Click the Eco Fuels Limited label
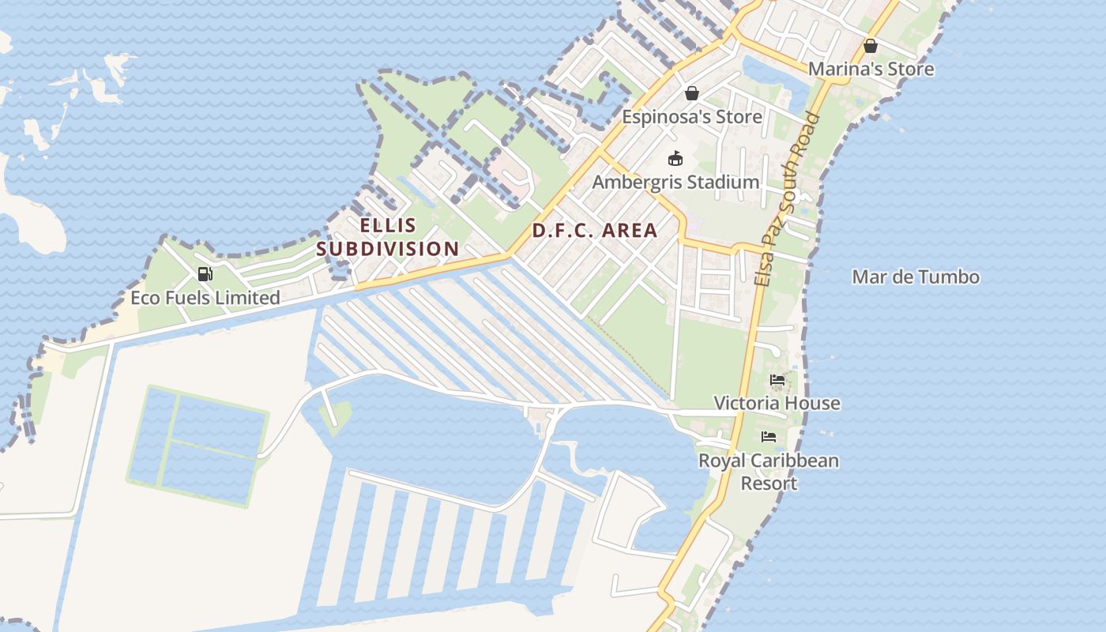pyautogui.click(x=205, y=298)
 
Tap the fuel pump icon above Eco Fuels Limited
pyautogui.click(x=205, y=274)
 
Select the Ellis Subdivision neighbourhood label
pyautogui.click(x=388, y=237)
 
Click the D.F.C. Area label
pyautogui.click(x=594, y=231)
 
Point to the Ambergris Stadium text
pyautogui.click(x=675, y=182)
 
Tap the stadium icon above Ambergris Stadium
pyautogui.click(x=675, y=159)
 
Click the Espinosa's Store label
pyautogui.click(x=692, y=117)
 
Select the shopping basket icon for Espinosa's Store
pyautogui.click(x=692, y=93)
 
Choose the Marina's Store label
pyautogui.click(x=871, y=70)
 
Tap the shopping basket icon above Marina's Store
pyautogui.click(x=870, y=46)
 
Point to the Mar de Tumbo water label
pyautogui.click(x=916, y=277)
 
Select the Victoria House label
pyautogui.click(x=777, y=404)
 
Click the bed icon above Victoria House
pyautogui.click(x=777, y=381)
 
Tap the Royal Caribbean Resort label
pyautogui.click(x=769, y=472)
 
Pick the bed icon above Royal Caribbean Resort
pyautogui.click(x=769, y=437)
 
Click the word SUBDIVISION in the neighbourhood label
pyautogui.click(x=388, y=249)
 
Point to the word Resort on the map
pyautogui.click(x=769, y=483)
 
